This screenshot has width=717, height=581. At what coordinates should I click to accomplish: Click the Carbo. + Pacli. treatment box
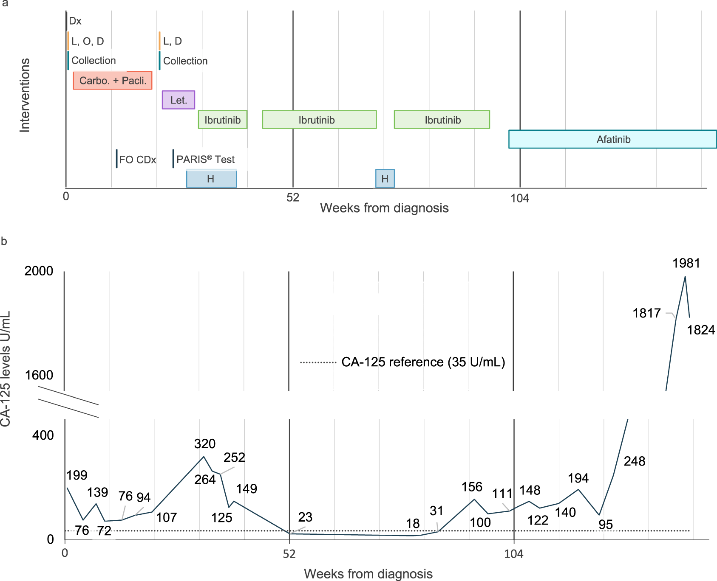point(113,80)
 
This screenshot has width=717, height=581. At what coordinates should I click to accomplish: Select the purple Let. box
point(179,100)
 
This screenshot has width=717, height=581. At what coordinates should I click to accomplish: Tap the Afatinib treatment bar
point(612,139)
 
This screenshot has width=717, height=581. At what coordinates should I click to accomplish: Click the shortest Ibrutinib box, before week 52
point(222,120)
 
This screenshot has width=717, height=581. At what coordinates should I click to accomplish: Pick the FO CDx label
point(137,160)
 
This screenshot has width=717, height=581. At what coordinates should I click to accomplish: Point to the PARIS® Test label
point(205,159)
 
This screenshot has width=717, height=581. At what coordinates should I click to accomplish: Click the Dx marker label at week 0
point(75,21)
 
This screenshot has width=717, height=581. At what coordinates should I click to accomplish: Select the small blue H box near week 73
point(385,179)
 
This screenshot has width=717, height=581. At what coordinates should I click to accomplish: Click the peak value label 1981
point(686,264)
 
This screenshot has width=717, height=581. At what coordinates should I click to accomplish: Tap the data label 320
point(205,444)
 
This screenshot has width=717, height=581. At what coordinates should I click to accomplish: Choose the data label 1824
point(701,330)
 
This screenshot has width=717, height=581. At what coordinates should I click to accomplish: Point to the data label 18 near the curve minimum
point(413,524)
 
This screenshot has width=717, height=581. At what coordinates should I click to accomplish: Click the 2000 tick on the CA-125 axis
point(39,271)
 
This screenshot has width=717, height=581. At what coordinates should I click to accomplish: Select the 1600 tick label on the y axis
point(39,375)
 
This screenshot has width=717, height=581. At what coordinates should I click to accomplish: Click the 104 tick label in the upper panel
point(519,198)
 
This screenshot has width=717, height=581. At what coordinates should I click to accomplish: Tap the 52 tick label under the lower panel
point(289,554)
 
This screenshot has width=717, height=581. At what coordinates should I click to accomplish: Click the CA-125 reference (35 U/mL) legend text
point(423,362)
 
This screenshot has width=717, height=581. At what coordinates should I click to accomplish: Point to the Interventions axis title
point(25,95)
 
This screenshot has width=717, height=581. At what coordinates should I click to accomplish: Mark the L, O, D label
point(88,41)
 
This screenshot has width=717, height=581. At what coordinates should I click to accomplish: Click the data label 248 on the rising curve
point(635,461)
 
